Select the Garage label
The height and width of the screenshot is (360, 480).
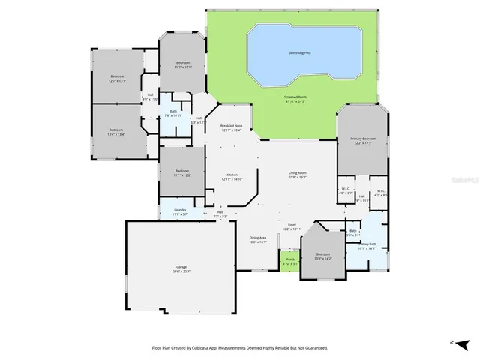tap(181, 268)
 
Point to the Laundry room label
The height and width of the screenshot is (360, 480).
tap(180, 211)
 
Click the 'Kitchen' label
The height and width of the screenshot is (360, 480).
tap(232, 176)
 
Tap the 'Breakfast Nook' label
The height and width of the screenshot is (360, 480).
tap(231, 128)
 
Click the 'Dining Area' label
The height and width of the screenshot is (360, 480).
tap(258, 240)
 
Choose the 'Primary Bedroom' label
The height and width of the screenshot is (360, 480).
tap(363, 140)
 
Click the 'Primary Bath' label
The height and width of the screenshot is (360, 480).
tap(366, 245)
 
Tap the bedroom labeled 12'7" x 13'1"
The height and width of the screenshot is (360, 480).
tap(118, 78)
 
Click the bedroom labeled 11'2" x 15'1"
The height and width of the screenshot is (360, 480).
tap(184, 64)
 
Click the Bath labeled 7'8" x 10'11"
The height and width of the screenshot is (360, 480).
tap(173, 113)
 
